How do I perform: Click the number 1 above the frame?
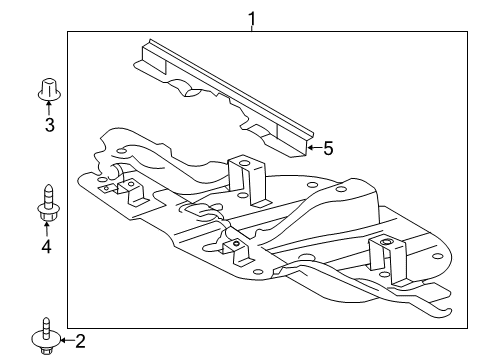click(x=252, y=17)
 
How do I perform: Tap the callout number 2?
click(x=81, y=341)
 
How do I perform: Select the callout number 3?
click(x=47, y=125)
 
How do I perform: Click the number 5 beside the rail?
click(x=327, y=148)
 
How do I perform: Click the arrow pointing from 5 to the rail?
click(x=313, y=148)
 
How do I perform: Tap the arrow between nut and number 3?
click(x=47, y=109)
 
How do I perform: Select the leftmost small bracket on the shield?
click(x=129, y=186)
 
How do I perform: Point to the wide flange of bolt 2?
click(x=46, y=339)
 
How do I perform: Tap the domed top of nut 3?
click(x=47, y=82)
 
